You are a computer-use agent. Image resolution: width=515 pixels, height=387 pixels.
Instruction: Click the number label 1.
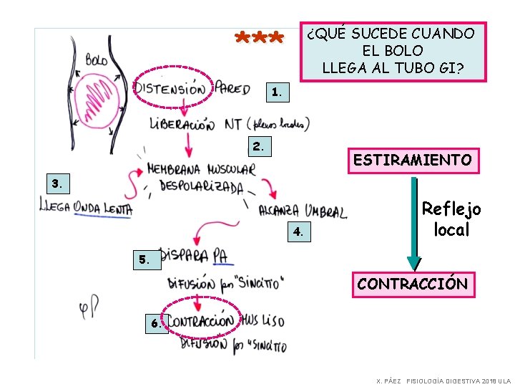coord(278,92)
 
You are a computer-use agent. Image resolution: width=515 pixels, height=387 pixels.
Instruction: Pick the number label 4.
coord(299,231)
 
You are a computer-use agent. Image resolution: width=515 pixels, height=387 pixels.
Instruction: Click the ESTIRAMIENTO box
coord(412,160)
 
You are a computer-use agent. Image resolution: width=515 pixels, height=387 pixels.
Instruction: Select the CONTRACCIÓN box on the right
coord(412,284)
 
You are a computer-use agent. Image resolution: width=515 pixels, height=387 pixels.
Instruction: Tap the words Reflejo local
coord(451,219)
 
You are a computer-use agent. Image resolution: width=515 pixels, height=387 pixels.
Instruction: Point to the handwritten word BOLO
coord(96,59)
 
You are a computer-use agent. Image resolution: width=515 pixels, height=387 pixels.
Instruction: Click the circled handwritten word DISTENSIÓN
coord(172,89)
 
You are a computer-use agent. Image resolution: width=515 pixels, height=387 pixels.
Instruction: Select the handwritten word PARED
coord(233,88)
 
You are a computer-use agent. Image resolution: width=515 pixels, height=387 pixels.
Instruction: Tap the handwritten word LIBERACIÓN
coord(182,124)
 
